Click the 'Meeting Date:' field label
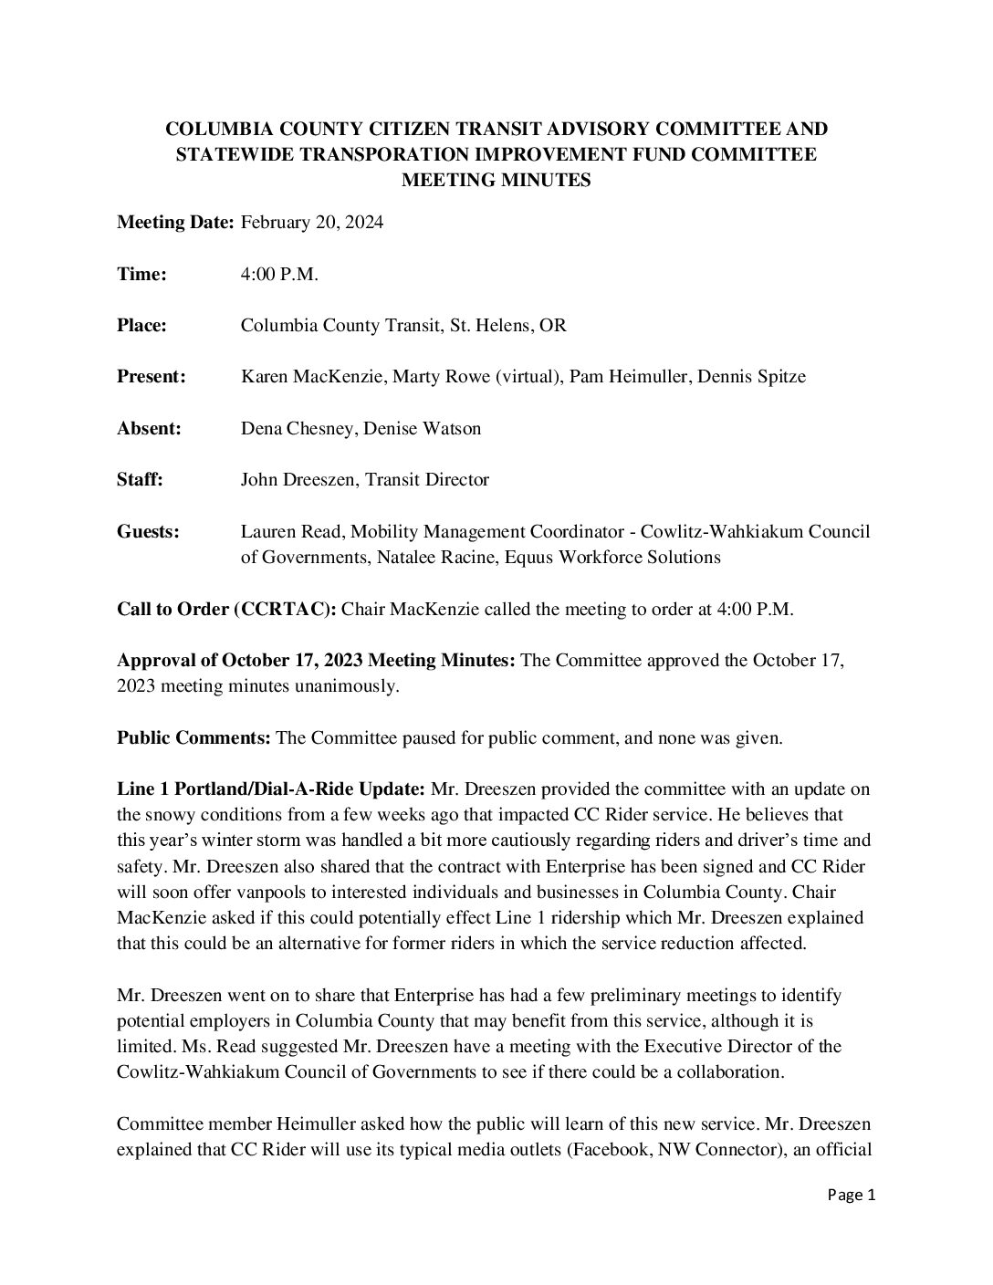(175, 223)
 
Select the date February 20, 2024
(311, 223)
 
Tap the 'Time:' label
(141, 274)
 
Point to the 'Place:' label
(141, 325)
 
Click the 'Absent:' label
(149, 427)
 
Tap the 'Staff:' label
(140, 478)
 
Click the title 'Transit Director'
(427, 478)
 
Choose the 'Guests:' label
(148, 530)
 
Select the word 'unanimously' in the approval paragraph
(352, 685)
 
